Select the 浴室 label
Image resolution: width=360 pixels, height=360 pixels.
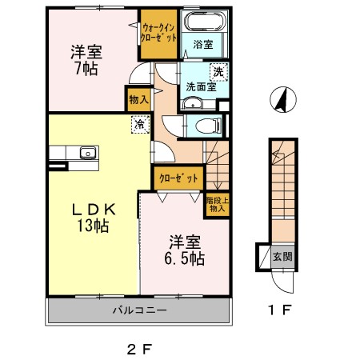pyautogui.click(x=203, y=46)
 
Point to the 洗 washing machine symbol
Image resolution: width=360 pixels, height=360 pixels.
pyautogui.click(x=218, y=73)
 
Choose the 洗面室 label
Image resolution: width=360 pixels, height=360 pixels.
pyautogui.click(x=200, y=86)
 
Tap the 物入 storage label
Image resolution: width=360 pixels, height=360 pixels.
pyautogui.click(x=138, y=100)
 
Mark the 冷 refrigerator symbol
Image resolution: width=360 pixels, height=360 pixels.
pyautogui.click(x=141, y=124)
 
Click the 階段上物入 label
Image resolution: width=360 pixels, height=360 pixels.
pyautogui.click(x=216, y=205)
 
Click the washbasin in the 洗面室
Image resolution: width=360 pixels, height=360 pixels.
pyautogui.click(x=191, y=103)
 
